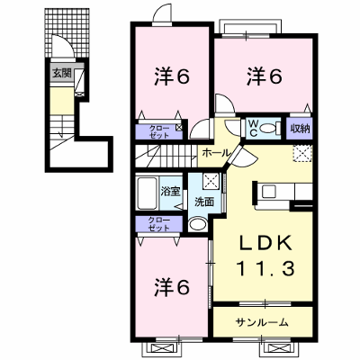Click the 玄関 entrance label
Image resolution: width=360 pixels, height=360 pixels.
point(62,73)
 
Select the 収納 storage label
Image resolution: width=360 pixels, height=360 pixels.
point(300,129)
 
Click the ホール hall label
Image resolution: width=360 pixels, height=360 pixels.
point(216,153)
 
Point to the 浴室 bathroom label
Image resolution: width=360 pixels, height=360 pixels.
point(170,192)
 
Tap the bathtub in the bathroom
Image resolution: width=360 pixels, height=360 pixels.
point(148,193)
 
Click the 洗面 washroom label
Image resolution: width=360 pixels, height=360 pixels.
point(204,202)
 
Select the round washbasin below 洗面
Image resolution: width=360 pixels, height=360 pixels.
point(198,224)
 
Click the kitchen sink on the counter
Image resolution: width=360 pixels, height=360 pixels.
point(269,191)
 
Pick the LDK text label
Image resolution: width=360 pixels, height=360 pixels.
point(265,243)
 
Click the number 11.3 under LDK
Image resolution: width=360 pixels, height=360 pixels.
point(265,268)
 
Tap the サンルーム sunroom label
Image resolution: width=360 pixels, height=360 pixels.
point(262,322)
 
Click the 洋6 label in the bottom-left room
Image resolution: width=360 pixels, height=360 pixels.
point(172,286)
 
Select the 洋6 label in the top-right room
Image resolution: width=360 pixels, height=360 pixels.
point(265,76)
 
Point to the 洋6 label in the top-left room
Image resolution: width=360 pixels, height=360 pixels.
point(172,76)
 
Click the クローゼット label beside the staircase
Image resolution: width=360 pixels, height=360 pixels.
point(159,132)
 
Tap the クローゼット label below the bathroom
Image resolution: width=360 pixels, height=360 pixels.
point(159,224)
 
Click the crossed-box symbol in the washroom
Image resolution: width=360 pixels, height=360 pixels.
point(211,180)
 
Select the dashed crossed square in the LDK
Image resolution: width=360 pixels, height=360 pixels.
point(302,153)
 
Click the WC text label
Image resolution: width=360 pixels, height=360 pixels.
point(253,129)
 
